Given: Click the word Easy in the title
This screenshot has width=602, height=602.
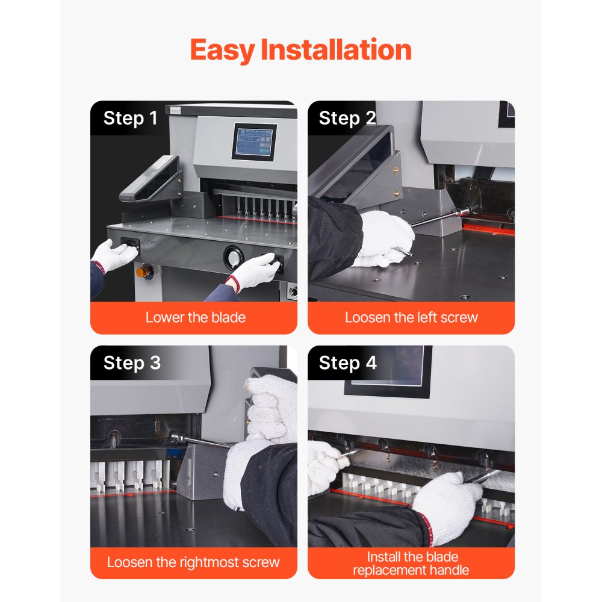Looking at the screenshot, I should tap(222, 50).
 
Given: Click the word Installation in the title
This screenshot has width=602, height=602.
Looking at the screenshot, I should tap(336, 50).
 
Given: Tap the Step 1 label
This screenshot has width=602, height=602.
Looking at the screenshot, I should tap(130, 118).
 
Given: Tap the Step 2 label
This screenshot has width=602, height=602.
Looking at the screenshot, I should tap(347, 118).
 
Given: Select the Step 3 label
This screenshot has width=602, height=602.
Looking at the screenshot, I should tap(132, 363).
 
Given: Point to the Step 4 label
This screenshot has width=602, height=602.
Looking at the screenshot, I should tap(347, 363).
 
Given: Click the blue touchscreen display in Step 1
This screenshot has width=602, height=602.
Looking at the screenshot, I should tap(254, 142).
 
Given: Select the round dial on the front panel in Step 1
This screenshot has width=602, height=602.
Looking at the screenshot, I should tap(232, 258).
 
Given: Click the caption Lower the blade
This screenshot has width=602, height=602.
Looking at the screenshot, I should tap(195, 317).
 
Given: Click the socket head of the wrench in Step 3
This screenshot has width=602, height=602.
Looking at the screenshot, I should tap(176, 437).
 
